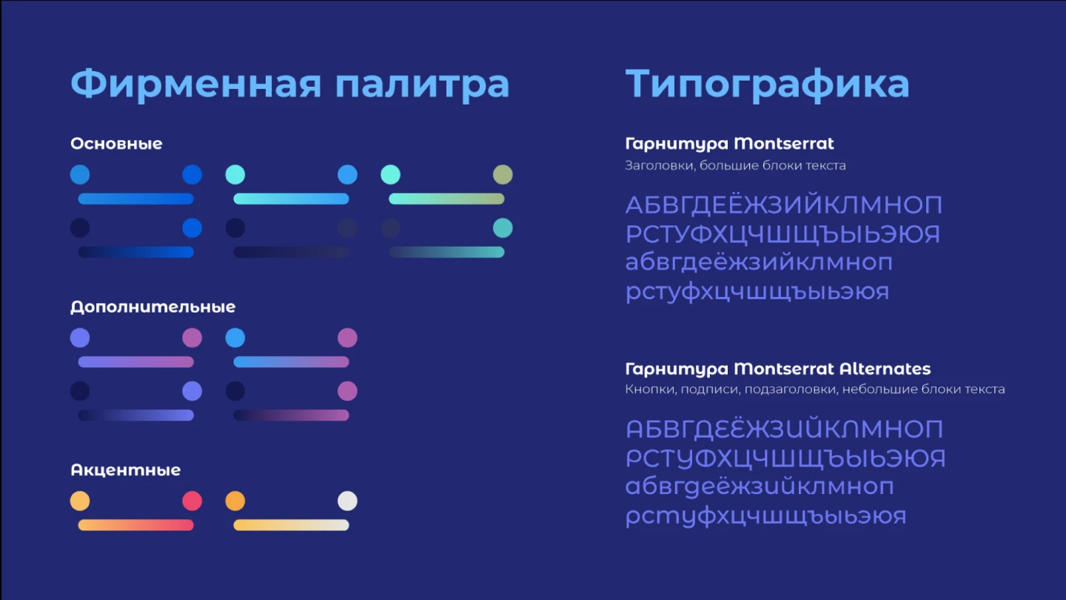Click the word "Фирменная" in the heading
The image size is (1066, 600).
(x=196, y=84)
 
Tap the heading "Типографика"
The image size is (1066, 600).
(x=767, y=84)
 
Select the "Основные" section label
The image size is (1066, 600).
(x=117, y=144)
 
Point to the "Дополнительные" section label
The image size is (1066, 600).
(x=152, y=307)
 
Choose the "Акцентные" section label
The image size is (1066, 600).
(x=126, y=470)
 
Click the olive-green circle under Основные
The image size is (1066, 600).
(x=503, y=175)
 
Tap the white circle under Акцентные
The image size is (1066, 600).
(x=347, y=501)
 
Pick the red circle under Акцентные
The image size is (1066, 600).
(x=192, y=501)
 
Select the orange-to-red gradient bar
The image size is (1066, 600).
(x=136, y=525)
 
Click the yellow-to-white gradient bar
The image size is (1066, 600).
(x=291, y=525)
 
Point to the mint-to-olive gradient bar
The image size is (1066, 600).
(x=446, y=199)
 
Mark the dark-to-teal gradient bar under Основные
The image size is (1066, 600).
(x=446, y=253)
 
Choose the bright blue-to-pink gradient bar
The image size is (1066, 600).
(x=291, y=362)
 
